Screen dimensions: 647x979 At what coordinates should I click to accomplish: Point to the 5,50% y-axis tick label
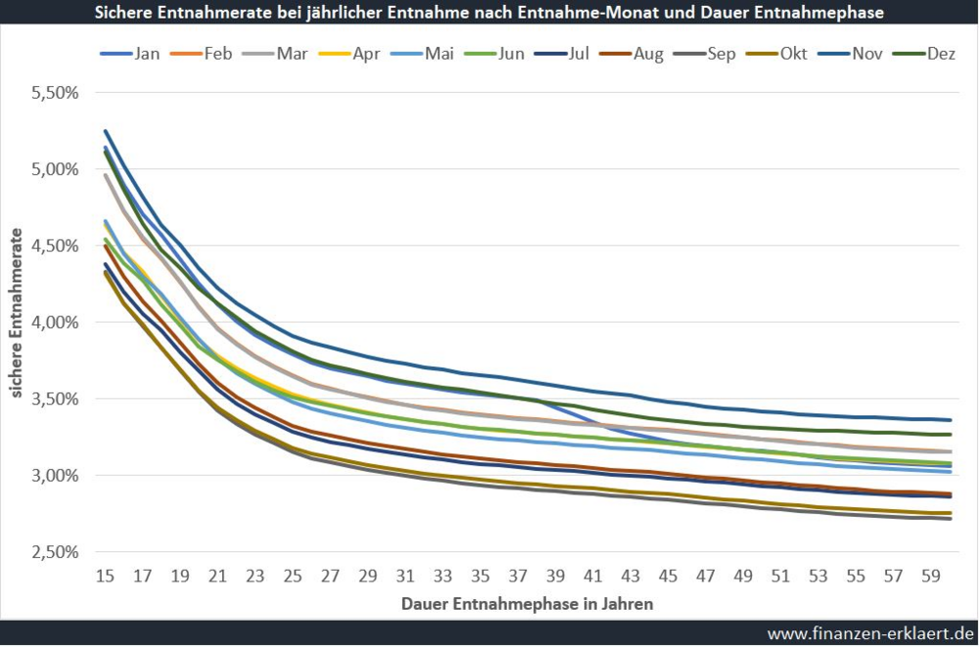click(x=54, y=93)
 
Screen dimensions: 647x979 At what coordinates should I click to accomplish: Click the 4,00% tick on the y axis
click(x=54, y=322)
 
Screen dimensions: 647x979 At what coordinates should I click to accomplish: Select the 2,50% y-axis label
click(x=54, y=552)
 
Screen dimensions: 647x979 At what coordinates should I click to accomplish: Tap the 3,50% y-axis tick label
click(x=54, y=398)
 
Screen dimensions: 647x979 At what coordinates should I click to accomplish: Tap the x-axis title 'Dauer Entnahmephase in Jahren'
click(x=527, y=604)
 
